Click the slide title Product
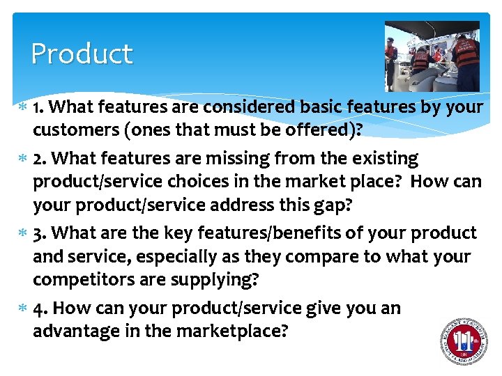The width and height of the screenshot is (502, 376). (x=82, y=54)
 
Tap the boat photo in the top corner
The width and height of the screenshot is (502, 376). (x=432, y=56)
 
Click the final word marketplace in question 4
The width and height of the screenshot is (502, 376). (x=216, y=332)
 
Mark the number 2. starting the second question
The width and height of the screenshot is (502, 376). (x=41, y=159)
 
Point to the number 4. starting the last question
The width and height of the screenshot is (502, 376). (x=41, y=308)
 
